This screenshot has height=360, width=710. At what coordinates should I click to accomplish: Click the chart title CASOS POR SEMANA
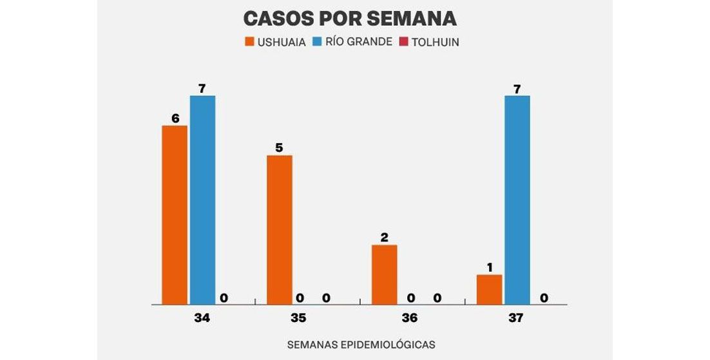[350, 18]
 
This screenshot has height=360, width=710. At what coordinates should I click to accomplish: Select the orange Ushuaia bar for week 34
[175, 214]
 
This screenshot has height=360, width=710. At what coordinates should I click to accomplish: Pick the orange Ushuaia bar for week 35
[279, 229]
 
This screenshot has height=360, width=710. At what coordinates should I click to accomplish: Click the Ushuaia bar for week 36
[385, 274]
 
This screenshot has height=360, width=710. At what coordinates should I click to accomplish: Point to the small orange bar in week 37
[489, 289]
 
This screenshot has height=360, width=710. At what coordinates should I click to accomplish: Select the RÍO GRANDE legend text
[361, 43]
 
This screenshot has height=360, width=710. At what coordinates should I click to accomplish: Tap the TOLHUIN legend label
[435, 43]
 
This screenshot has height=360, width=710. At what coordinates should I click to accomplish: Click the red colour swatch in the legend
[404, 43]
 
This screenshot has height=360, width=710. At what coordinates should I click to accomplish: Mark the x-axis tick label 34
[202, 318]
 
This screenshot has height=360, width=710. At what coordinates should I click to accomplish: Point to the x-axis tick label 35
[298, 318]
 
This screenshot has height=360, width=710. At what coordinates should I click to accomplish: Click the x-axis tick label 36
[409, 318]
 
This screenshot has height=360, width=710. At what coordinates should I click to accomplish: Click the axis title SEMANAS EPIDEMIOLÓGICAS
[361, 345]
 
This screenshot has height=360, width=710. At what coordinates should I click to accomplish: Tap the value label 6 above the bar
[175, 118]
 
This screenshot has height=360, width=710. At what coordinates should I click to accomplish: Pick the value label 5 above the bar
[279, 147]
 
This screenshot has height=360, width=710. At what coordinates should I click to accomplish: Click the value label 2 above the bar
[385, 237]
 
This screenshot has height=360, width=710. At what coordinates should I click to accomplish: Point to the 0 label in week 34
[224, 298]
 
